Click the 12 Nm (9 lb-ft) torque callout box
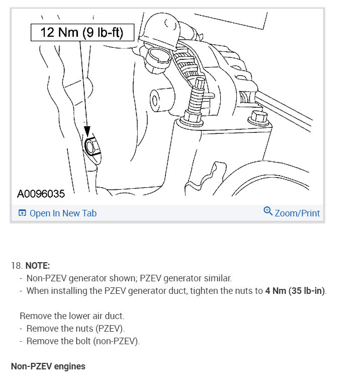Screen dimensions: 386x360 point(82,33)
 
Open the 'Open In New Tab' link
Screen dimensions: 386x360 point(63,213)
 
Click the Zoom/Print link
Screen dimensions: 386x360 point(297,213)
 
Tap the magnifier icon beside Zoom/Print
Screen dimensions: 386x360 point(268,211)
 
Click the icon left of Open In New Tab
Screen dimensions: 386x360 point(22,213)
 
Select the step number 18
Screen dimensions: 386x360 point(16,266)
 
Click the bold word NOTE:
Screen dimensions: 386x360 point(38,266)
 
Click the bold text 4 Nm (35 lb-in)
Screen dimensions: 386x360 point(295,290)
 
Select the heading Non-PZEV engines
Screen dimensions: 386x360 point(48,366)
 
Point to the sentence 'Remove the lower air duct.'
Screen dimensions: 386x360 point(71,316)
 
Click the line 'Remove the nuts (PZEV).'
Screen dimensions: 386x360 point(75,329)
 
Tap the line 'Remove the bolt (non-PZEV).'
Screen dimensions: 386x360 point(83,341)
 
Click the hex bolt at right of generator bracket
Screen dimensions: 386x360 point(258,119)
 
